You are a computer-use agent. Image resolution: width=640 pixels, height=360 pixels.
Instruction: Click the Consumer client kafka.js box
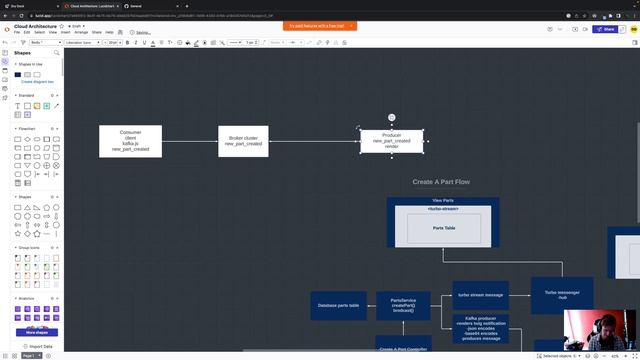tap(130, 141)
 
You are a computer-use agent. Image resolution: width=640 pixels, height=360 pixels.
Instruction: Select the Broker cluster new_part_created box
tap(243, 141)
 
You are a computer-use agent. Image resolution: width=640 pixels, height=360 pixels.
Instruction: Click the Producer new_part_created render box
tap(392, 141)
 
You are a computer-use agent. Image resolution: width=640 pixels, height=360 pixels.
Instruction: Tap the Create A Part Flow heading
tap(441, 182)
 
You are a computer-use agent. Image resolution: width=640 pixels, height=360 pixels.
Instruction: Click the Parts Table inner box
tap(444, 228)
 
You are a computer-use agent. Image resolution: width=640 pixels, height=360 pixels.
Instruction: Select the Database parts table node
tap(336, 305)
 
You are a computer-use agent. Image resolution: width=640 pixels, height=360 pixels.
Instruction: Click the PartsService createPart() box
tap(403, 305)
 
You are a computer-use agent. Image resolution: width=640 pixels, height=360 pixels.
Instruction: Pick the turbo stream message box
tap(480, 295)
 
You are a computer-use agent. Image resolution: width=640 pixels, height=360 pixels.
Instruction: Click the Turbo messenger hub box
tap(562, 295)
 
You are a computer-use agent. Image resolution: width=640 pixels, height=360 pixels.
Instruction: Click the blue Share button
tap(605, 29)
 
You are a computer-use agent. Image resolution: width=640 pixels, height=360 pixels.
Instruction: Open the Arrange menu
tap(81, 32)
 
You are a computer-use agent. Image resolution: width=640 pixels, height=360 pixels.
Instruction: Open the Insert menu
tap(64, 32)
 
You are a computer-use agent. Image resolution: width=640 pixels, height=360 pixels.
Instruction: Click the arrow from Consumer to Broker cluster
tap(190, 141)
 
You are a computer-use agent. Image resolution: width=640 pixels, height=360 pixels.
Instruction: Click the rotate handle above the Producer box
tap(392, 118)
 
